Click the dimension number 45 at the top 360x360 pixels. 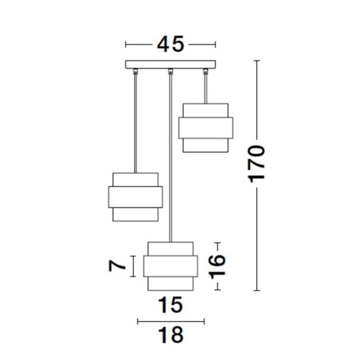[171, 44]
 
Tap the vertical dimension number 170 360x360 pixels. [257, 163]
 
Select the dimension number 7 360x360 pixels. [117, 266]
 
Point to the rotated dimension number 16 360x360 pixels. [217, 266]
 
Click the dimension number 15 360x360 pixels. [171, 305]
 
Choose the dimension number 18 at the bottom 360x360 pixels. [171, 335]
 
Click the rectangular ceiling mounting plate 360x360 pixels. [171, 64]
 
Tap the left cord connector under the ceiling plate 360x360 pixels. [135, 71]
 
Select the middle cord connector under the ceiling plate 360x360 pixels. [171, 71]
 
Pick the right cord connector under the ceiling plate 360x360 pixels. [205, 71]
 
